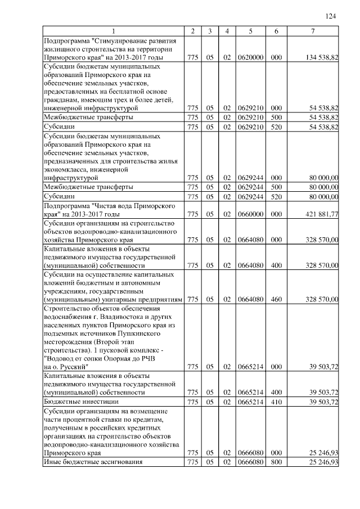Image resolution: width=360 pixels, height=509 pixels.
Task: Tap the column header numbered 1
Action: point(114,31)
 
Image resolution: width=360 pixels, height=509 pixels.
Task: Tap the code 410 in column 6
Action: point(276,403)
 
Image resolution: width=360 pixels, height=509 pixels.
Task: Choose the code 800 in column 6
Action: point(276,462)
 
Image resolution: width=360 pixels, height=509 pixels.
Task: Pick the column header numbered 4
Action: point(227,31)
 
